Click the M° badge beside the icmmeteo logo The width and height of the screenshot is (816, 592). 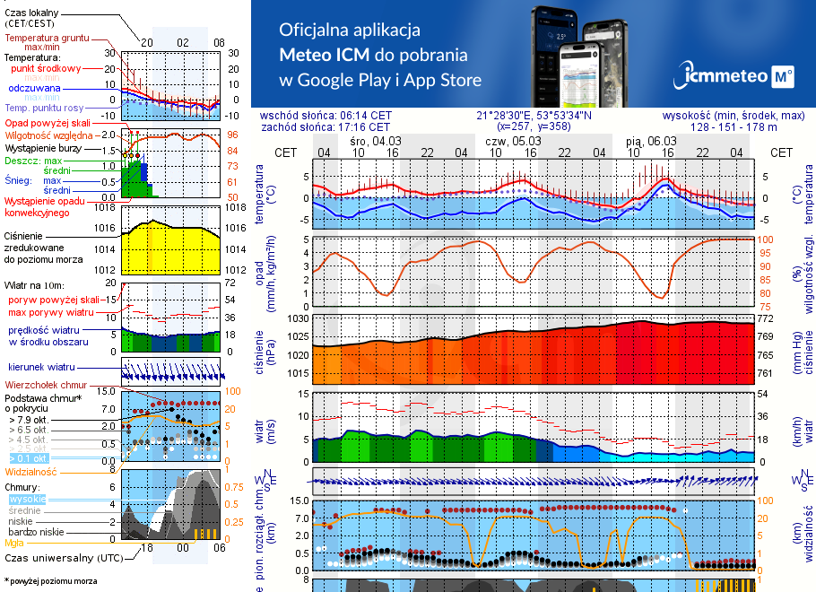click(783, 78)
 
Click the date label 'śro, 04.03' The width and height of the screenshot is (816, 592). click(375, 141)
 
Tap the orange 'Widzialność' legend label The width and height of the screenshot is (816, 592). click(31, 471)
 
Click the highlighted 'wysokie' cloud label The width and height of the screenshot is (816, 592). click(27, 499)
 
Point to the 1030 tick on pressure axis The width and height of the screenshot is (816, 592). click(299, 318)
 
